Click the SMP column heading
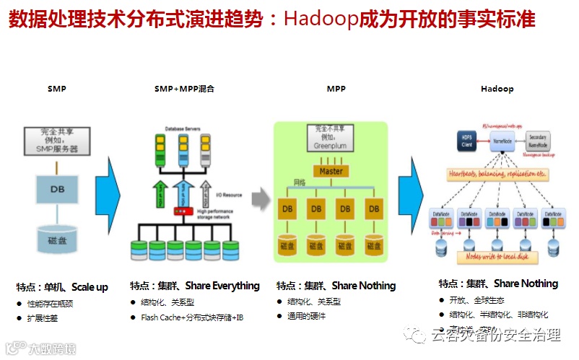pyautogui.click(x=57, y=89)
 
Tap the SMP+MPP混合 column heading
pyautogui.click(x=184, y=89)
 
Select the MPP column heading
pyautogui.click(x=336, y=89)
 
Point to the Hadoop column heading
pyautogui.click(x=497, y=89)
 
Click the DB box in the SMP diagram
pyautogui.click(x=58, y=190)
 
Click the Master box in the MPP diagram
pyautogui.click(x=331, y=171)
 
